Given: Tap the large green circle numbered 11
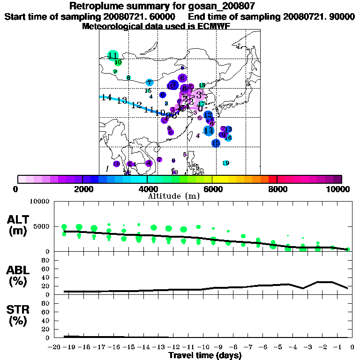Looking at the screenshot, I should tap(112, 55).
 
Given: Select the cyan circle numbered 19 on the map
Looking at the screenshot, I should tap(225, 163).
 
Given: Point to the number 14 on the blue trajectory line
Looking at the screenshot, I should tap(106, 97).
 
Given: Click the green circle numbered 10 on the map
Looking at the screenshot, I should tap(118, 62).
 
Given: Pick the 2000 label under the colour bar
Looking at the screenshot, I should tap(82, 189).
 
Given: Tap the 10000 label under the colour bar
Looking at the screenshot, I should tap(338, 189).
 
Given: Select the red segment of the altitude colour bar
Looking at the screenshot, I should tap(273, 179).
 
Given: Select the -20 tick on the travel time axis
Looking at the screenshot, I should tap(55, 347).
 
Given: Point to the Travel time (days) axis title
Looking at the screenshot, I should tap(205, 355).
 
